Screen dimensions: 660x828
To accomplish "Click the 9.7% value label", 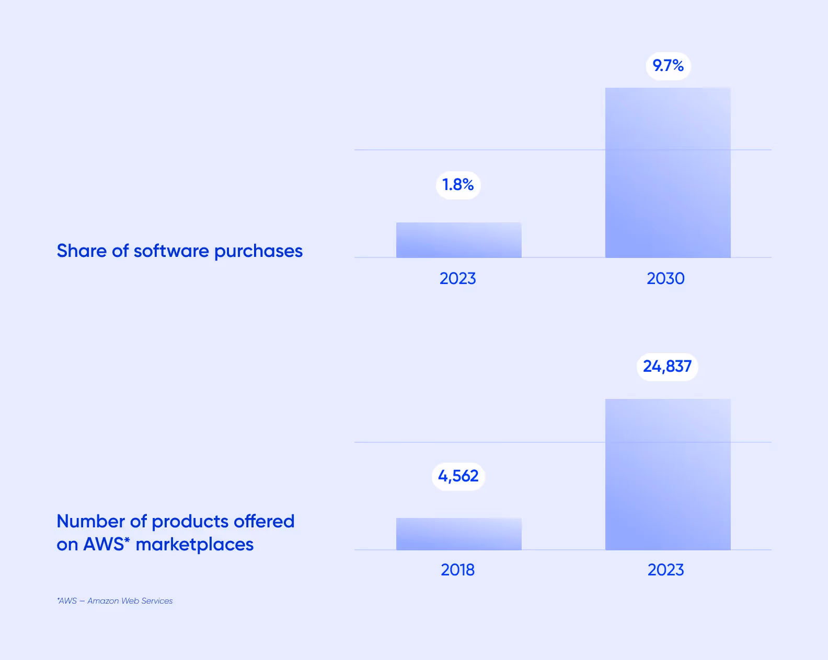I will click(x=668, y=66).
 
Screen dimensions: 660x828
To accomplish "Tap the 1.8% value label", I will click(x=458, y=185).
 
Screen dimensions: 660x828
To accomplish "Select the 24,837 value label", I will click(x=667, y=367).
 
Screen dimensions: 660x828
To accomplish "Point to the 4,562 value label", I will click(x=458, y=476).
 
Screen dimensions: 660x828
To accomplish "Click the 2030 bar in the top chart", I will click(x=668, y=173).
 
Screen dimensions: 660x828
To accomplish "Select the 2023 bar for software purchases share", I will click(x=458, y=240).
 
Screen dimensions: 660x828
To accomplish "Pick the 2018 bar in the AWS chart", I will click(x=458, y=534).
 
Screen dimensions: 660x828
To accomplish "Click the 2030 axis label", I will click(x=665, y=278).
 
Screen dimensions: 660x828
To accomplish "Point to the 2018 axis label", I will click(x=457, y=570).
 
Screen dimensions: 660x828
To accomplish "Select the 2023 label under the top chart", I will click(x=457, y=278).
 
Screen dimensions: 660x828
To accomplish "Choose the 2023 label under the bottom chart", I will click(x=665, y=570).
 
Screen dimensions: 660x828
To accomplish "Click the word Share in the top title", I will click(x=82, y=251).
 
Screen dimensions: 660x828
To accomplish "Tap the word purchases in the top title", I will click(x=258, y=252).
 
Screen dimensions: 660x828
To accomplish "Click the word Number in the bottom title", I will click(x=90, y=521).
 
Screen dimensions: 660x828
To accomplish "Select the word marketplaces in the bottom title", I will click(x=194, y=545).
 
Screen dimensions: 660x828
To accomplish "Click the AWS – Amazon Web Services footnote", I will click(x=115, y=601).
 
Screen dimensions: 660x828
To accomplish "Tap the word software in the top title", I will click(x=171, y=251).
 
